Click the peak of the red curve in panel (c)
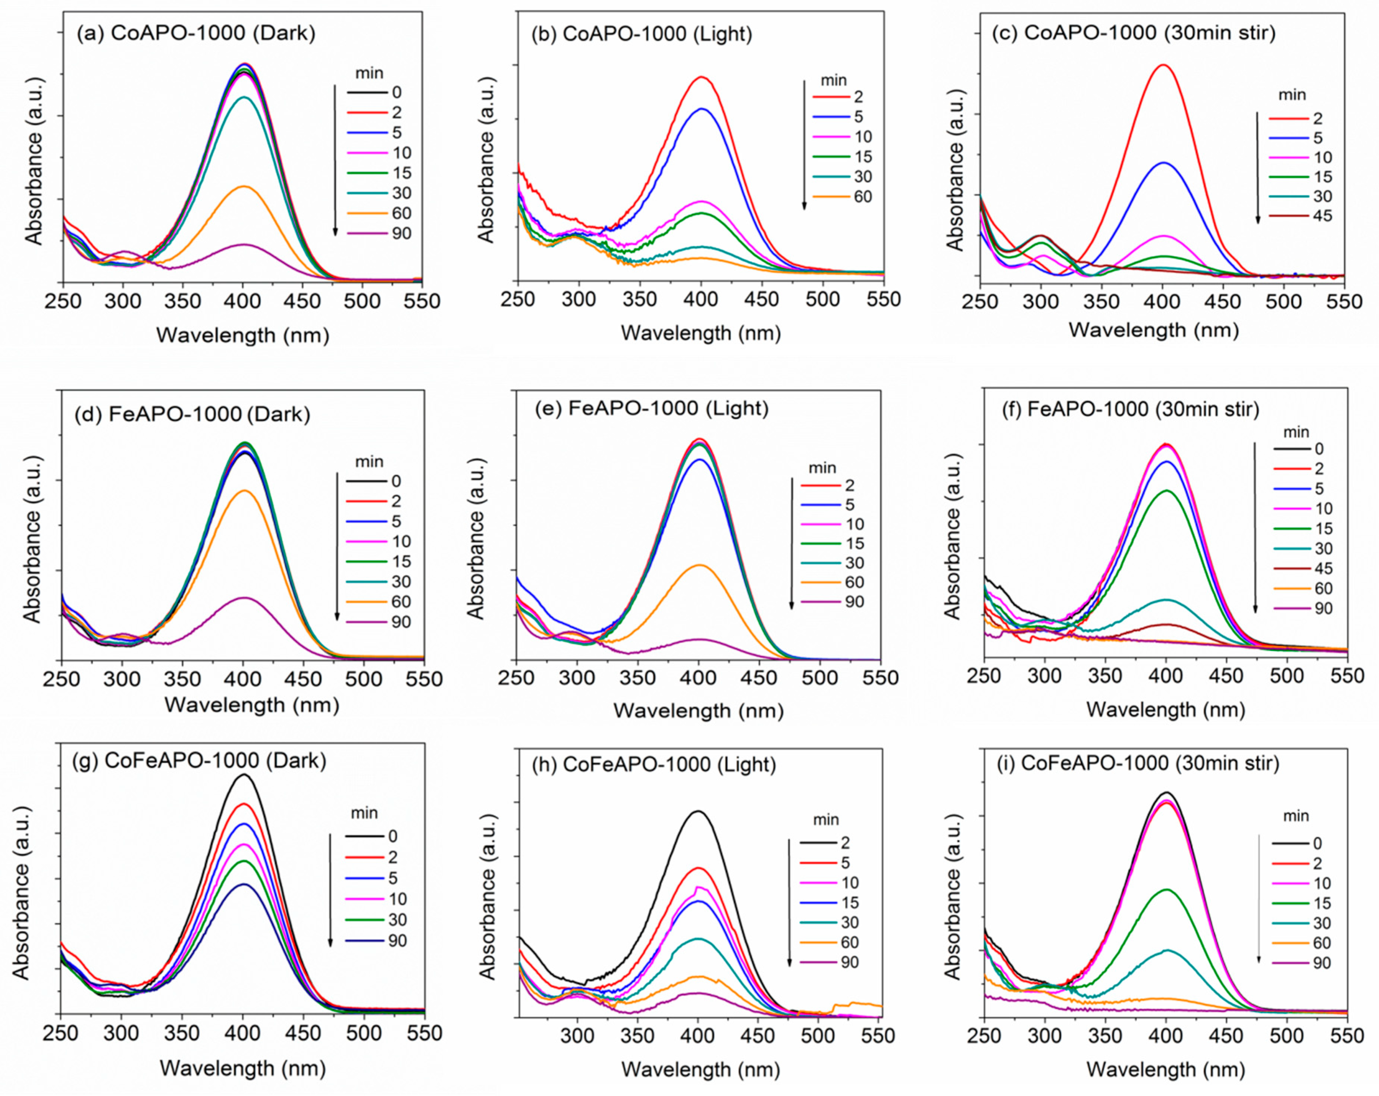(1162, 65)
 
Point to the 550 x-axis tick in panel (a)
(422, 301)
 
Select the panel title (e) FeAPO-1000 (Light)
(651, 408)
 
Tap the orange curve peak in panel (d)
(244, 491)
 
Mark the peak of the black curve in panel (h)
(698, 811)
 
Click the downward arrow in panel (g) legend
(330, 889)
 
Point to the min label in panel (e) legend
(822, 468)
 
